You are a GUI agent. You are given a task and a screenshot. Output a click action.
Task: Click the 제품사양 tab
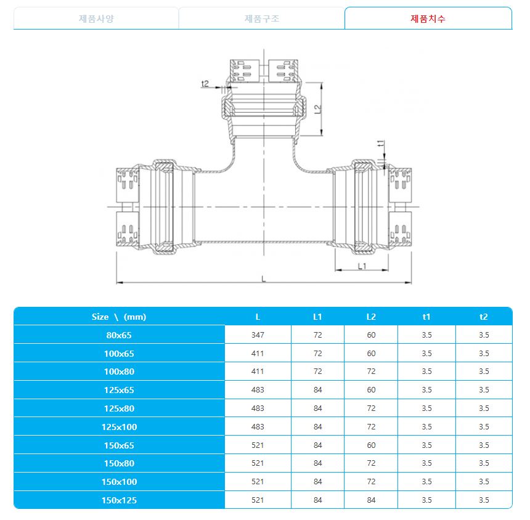[x=96, y=18]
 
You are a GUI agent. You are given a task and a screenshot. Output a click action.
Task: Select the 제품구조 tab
[x=262, y=18]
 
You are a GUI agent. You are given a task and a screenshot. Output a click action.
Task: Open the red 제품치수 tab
[x=428, y=18]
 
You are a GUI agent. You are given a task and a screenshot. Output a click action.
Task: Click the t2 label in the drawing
[x=206, y=84]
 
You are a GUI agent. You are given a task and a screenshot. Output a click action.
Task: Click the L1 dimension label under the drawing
[x=362, y=266]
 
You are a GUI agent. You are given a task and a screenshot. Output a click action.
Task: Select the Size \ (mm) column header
[x=119, y=317]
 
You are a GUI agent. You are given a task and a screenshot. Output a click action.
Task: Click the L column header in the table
[x=258, y=317]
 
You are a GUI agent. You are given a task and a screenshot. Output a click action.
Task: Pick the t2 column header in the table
[x=483, y=317]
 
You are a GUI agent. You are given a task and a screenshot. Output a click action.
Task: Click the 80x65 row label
[x=119, y=335]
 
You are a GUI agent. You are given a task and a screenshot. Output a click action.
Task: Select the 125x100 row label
[x=119, y=426]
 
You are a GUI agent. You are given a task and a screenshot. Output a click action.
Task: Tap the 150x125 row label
[x=119, y=500]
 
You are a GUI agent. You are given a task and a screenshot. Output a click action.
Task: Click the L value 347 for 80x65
[x=258, y=335]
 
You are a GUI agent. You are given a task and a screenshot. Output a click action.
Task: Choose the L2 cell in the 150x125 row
[x=371, y=500]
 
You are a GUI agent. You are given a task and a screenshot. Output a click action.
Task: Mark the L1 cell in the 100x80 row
[x=317, y=372]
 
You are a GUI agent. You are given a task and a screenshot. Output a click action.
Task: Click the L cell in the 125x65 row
[x=258, y=390]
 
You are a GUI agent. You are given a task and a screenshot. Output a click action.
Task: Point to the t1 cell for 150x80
[x=426, y=463]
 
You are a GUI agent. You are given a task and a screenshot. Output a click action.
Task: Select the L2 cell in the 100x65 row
[x=371, y=354]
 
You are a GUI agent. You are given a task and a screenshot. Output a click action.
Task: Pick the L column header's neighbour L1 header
[x=317, y=317]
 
